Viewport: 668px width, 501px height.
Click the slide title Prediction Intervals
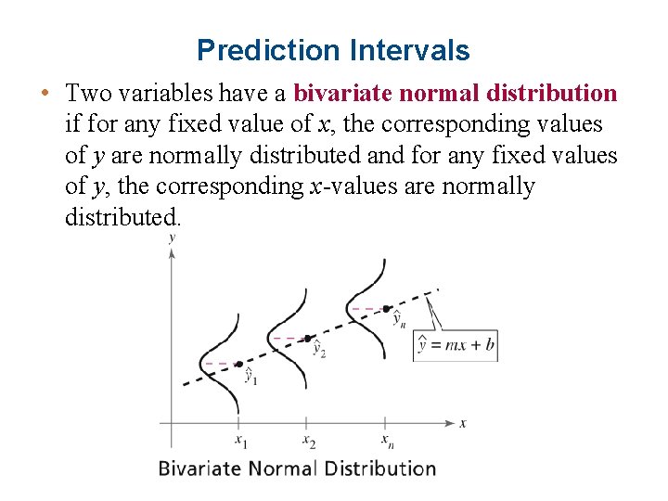pyautogui.click(x=333, y=50)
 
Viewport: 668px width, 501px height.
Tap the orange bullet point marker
pyautogui.click(x=45, y=94)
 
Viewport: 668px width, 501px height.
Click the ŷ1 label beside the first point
pyautogui.click(x=250, y=377)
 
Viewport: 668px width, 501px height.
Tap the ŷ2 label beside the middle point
pyautogui.click(x=318, y=349)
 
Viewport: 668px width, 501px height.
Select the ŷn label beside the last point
pyautogui.click(x=398, y=319)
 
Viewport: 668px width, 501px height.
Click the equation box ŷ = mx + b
pyautogui.click(x=456, y=345)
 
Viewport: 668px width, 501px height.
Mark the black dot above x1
pyautogui.click(x=238, y=364)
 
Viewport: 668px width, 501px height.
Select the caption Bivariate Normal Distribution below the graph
pyautogui.click(x=297, y=468)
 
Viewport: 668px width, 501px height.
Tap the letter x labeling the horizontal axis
pyautogui.click(x=463, y=423)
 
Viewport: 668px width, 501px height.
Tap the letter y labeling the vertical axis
pyautogui.click(x=172, y=238)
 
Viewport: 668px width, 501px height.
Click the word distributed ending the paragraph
pyautogui.click(x=123, y=217)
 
